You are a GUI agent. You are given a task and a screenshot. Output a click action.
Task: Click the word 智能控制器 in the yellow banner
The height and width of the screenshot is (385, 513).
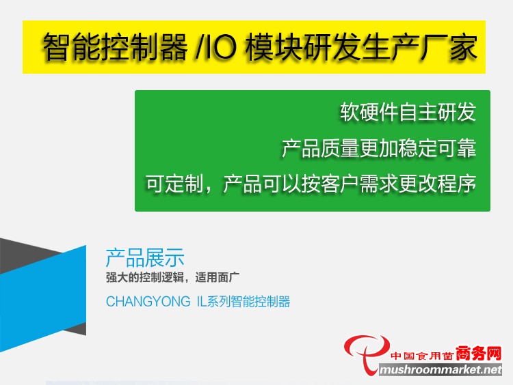point(115,47)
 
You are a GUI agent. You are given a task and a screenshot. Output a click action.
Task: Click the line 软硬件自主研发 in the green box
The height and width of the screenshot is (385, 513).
point(408,112)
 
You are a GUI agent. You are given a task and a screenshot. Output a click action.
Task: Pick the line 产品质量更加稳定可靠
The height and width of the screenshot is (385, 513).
point(379,148)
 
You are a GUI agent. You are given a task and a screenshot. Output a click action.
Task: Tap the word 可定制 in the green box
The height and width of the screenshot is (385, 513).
point(174,184)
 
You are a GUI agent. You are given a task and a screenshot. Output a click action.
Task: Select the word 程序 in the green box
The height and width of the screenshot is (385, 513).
point(457,184)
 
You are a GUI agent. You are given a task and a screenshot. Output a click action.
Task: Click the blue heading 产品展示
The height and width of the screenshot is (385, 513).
point(145,257)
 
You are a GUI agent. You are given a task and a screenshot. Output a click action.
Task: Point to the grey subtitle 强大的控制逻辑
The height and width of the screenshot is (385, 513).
point(144,278)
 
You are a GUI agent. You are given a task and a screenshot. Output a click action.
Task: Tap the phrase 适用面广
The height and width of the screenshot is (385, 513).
point(218,278)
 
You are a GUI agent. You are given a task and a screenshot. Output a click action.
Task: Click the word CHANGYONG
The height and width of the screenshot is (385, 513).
point(148,302)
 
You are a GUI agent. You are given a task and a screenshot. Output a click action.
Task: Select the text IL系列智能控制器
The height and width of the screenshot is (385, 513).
point(244,302)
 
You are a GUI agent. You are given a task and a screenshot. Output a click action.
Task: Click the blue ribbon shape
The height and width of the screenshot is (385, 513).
point(43,299)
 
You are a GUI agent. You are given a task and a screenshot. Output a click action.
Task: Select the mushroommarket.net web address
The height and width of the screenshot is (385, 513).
point(440,370)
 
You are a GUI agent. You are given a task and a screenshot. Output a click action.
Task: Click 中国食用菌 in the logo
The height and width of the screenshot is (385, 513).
point(422,355)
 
